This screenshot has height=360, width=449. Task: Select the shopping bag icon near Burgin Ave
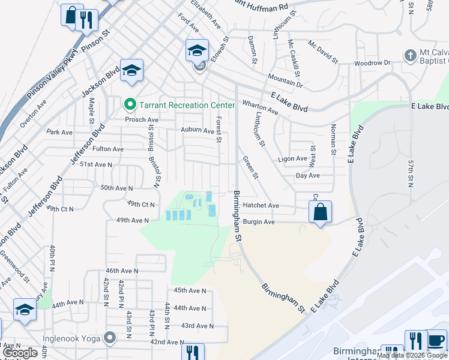coord(321,211)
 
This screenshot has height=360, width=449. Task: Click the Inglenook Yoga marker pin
coord(109,338)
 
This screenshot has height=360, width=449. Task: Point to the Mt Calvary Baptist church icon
coord(411,56)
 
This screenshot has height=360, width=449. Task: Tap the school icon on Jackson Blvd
coord(131,70)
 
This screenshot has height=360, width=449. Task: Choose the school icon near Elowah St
coord(197,50)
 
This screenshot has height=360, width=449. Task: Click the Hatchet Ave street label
coord(261,205)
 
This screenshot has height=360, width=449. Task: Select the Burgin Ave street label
coord(259,222)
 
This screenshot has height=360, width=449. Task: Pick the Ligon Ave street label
coord(292,159)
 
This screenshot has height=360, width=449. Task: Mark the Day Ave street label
coord(307,175)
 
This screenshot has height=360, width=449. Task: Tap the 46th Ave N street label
coord(122,271)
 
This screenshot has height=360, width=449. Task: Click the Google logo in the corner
coord(20,353)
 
